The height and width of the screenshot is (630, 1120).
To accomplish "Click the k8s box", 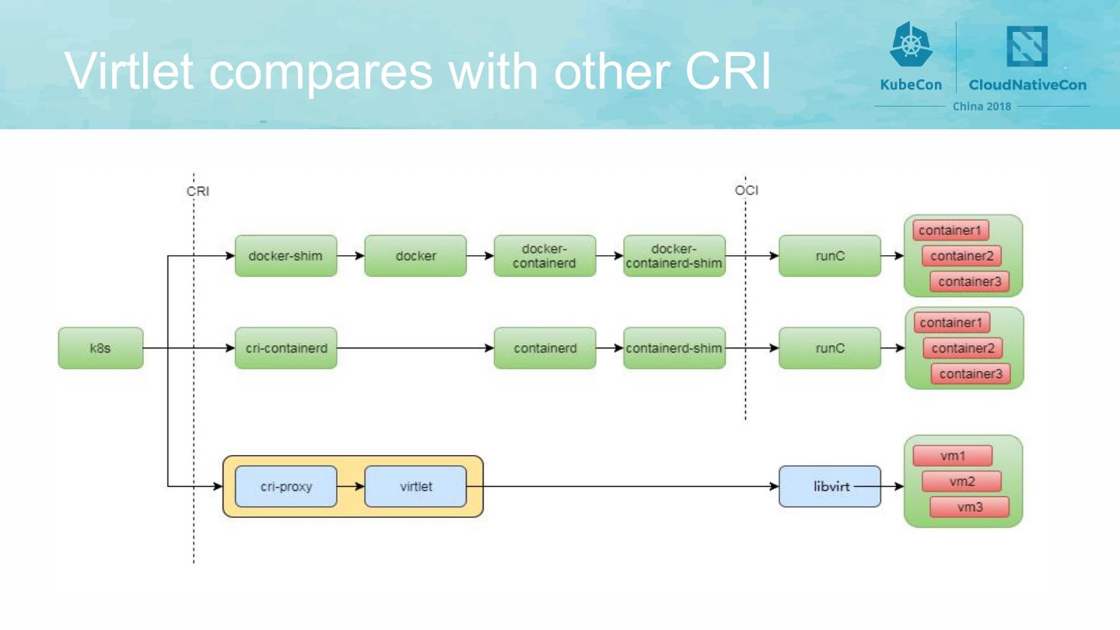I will [x=100, y=348].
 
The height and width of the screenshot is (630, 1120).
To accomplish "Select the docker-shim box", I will [x=285, y=255].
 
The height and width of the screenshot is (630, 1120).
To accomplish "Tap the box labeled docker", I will [x=415, y=255].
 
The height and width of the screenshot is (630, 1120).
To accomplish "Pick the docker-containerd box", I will [x=544, y=255].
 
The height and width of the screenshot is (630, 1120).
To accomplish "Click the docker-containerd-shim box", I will [x=674, y=255].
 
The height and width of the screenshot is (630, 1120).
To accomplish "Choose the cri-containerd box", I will [x=285, y=348].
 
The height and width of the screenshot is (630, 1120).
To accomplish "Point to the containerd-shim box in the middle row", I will [x=674, y=348].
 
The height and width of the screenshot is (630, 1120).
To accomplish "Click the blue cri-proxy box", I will [x=285, y=486].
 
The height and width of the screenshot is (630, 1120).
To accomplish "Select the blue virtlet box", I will [x=415, y=486].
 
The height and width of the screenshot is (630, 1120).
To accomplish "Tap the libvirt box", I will [x=829, y=486].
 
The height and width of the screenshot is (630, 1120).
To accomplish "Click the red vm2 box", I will [x=961, y=481].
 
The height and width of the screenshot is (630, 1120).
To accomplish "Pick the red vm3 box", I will [x=969, y=507].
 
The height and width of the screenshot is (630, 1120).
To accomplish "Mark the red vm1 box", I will [x=952, y=456].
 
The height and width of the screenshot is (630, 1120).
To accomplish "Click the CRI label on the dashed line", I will [x=198, y=191].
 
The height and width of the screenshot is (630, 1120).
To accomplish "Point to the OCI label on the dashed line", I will [x=747, y=190].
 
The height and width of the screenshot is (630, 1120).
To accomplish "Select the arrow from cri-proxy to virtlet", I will [x=351, y=486].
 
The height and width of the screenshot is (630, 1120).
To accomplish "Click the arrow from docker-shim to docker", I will [x=351, y=255].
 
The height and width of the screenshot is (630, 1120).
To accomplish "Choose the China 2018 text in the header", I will [x=982, y=106].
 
